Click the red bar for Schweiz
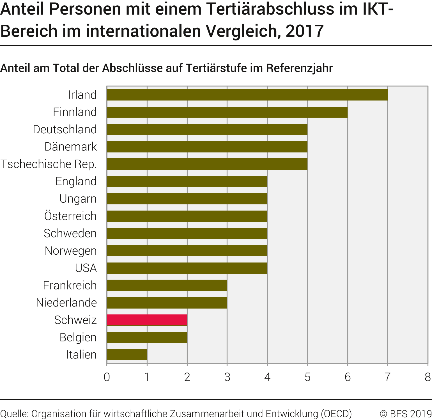click(x=147, y=320)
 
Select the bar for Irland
click(x=247, y=95)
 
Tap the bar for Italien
click(x=127, y=355)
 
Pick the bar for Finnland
click(x=227, y=112)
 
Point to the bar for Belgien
click(x=147, y=337)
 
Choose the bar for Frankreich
click(x=167, y=286)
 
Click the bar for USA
click(x=187, y=268)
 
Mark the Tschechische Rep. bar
click(x=207, y=164)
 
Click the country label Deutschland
click(x=65, y=129)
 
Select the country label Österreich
click(x=70, y=216)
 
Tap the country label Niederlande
click(x=66, y=303)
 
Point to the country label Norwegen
click(x=71, y=251)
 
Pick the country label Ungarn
click(x=78, y=199)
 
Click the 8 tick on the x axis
click(x=428, y=377)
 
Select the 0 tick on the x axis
click(x=107, y=377)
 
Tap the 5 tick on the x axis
click(x=307, y=377)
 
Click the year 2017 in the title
click(x=305, y=31)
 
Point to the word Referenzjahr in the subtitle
click(x=299, y=68)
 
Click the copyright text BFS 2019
click(x=406, y=414)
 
